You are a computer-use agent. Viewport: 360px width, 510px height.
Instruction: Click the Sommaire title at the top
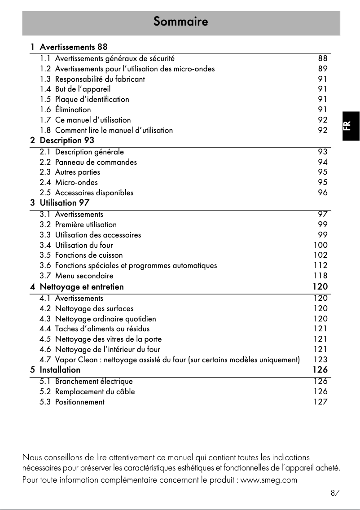pyautogui.click(x=180, y=21)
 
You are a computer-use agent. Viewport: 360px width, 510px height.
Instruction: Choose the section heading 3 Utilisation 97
pyautogui.click(x=60, y=203)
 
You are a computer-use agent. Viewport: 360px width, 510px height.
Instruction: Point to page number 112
pyautogui.click(x=320, y=266)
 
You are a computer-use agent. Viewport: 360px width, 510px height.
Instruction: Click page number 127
pyautogui.click(x=320, y=402)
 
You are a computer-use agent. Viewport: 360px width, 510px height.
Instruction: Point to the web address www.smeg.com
pyautogui.click(x=269, y=480)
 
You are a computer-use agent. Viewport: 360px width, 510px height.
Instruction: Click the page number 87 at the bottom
pyautogui.click(x=335, y=493)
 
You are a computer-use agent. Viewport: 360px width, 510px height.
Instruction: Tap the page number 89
pyautogui.click(x=323, y=69)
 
